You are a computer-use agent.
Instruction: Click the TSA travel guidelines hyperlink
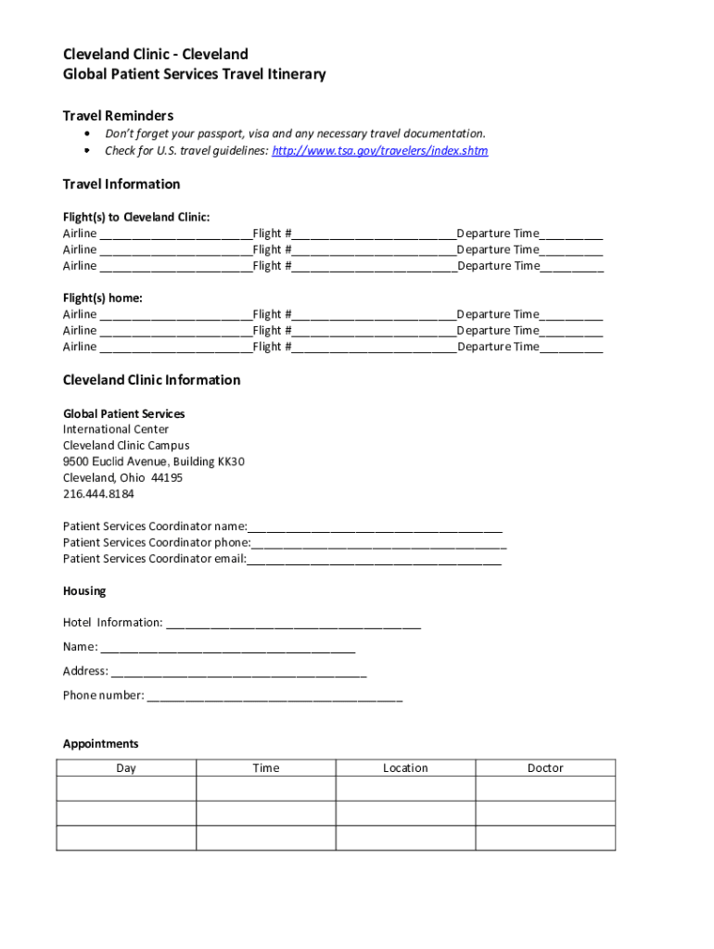click(x=379, y=150)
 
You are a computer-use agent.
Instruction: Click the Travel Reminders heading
click(x=118, y=116)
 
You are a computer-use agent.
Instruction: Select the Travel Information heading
click(x=121, y=183)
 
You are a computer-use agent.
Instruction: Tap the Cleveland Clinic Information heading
click(x=151, y=380)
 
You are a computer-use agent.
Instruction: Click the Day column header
click(x=126, y=768)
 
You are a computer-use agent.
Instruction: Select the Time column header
click(x=266, y=768)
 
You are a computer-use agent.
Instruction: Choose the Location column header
click(x=405, y=768)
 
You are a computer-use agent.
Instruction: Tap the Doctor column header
click(x=545, y=768)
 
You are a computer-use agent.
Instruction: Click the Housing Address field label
click(x=85, y=671)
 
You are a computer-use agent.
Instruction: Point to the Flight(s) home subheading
click(x=102, y=298)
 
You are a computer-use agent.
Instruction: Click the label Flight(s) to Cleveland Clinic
click(x=136, y=217)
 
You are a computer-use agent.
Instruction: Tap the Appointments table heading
click(x=100, y=744)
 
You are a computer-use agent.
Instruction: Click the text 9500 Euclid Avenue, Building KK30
click(x=154, y=462)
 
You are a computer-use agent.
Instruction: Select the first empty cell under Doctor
click(x=545, y=789)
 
